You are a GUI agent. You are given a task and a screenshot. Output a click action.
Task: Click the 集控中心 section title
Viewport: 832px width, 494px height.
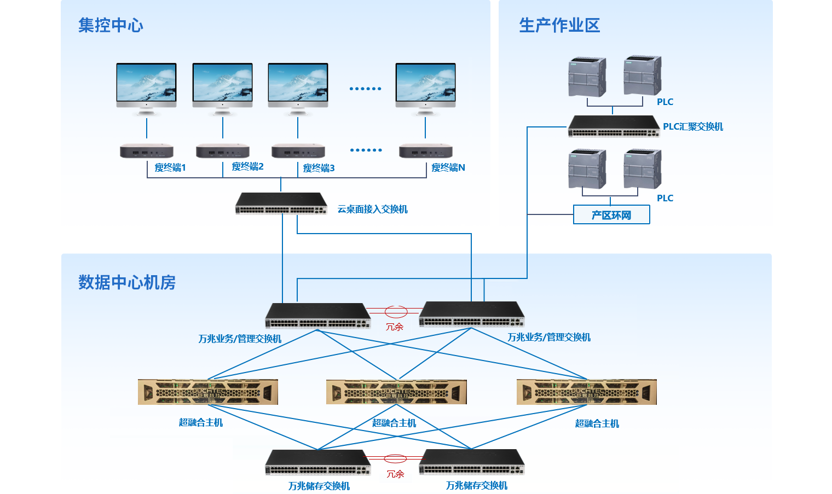point(111,25)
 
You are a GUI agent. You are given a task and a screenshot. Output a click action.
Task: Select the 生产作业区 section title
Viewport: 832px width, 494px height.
point(559,25)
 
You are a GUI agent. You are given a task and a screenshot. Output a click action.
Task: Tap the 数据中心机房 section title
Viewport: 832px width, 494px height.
point(126,282)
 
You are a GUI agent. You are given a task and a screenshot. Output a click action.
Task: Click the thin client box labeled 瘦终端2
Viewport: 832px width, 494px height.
point(223,150)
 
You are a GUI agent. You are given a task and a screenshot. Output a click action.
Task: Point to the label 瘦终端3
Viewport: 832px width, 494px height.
point(319,168)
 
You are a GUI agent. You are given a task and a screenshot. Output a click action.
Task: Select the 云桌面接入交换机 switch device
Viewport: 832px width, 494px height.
point(281,204)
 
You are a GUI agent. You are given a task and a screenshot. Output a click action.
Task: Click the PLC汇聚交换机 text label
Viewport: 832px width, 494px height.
point(692,127)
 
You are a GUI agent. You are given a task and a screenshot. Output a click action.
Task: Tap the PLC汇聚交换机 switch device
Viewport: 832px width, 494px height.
point(614,126)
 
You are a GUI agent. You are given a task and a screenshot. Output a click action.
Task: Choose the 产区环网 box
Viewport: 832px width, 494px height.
point(611,215)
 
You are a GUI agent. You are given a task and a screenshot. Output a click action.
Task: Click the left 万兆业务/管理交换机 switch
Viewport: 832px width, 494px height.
point(317,316)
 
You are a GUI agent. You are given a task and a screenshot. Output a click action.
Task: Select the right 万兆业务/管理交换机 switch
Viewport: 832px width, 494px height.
point(472,315)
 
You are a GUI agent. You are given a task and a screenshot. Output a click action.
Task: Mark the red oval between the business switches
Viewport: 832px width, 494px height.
point(396,312)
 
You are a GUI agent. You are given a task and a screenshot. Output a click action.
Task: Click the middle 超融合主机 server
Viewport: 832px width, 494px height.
point(396,392)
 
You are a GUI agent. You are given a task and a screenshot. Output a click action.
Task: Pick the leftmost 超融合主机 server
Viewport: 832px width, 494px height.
point(208,392)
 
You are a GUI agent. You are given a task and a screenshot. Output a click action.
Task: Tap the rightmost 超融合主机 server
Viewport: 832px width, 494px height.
point(586,392)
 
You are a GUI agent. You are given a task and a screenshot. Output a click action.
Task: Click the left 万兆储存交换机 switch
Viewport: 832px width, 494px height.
point(318,462)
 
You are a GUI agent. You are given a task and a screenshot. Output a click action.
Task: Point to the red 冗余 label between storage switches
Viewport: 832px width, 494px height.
point(395,474)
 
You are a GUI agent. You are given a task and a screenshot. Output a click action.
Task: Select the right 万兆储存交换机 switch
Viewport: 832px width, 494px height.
point(472,462)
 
